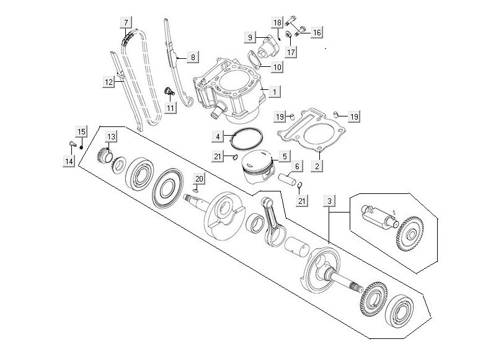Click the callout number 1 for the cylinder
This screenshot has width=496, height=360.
click(x=274, y=91)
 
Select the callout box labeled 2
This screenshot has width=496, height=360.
click(x=317, y=166)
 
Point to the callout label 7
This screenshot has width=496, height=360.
click(x=126, y=23)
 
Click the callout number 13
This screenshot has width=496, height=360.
click(x=111, y=136)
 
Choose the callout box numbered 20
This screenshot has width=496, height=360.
click(x=198, y=179)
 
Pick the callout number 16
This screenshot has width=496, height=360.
click(x=316, y=32)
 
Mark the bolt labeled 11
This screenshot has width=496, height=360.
click(x=167, y=93)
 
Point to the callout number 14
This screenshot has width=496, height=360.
click(x=68, y=162)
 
